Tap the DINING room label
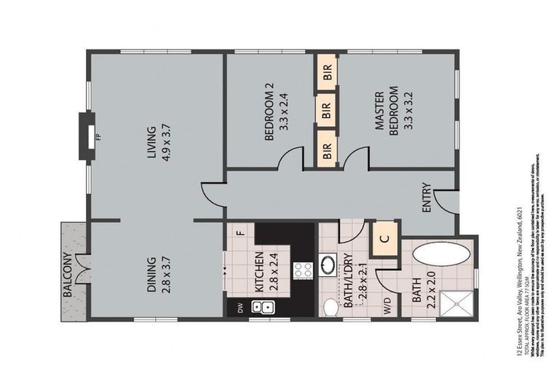click(x=151, y=274)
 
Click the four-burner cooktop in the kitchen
click(x=302, y=270)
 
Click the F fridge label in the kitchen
click(x=239, y=232)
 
